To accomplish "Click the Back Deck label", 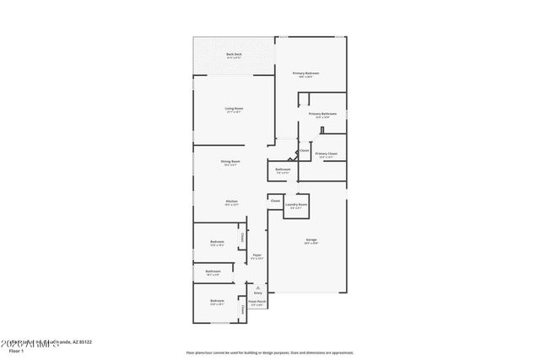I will (234, 55).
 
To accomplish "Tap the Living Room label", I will (234, 108).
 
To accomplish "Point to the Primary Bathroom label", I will (322, 113).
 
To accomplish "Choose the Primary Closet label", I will (327, 153).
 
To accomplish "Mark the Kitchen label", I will (230, 201).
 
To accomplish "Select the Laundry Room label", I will (296, 204).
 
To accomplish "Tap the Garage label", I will (311, 240).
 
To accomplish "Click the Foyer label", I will (256, 255).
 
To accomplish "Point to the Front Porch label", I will (257, 301).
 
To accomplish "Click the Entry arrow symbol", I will (257, 287).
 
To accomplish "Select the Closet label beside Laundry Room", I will (275, 201).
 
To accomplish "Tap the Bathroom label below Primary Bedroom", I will (283, 169).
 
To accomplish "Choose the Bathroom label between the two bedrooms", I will (213, 271).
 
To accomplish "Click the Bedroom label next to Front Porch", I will (217, 300).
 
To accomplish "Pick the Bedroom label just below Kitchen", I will (217, 242).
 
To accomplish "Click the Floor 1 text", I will (15, 349).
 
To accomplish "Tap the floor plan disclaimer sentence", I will (269, 352).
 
